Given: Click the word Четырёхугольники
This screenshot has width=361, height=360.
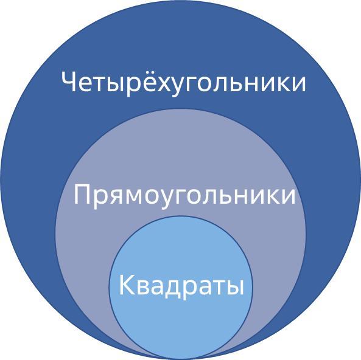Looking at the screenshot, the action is tap(183, 81).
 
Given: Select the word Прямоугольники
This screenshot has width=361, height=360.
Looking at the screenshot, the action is tap(184, 196).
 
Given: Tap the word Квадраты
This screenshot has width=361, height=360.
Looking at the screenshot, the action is tap(181, 286).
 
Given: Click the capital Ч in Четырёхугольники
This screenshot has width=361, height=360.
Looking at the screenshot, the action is tap(69, 81).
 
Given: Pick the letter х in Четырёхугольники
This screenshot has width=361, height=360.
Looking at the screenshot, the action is tap(153, 84).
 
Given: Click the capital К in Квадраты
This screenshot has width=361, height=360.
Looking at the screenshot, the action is tap(127, 285).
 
